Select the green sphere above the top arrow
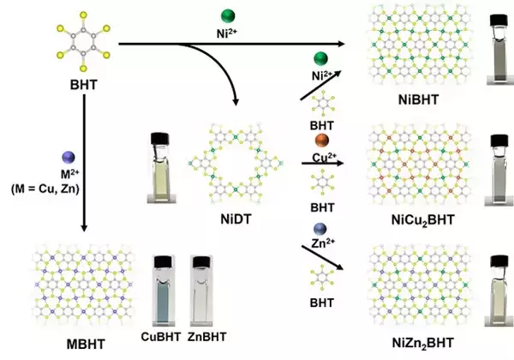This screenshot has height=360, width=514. (x=227, y=16)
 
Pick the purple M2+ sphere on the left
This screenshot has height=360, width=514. (x=70, y=157)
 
